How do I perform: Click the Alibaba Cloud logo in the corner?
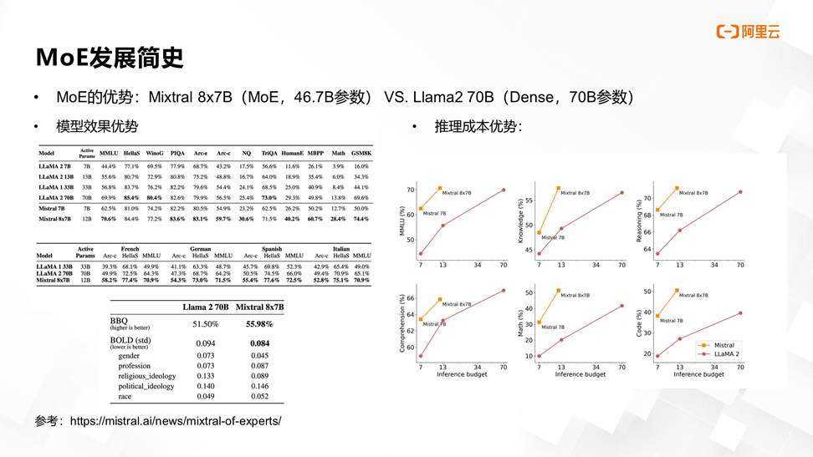coord(748,31)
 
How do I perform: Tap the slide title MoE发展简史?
coord(109,58)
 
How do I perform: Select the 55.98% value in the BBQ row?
coord(259,324)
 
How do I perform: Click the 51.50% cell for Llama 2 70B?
coord(205,324)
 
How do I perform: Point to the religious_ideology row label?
coord(147,376)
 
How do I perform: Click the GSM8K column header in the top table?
coord(361,154)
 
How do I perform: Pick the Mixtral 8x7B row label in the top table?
coord(54,219)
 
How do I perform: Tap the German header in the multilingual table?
coord(201,249)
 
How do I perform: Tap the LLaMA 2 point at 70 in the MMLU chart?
coord(504,190)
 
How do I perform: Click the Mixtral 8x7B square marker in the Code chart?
coord(677,291)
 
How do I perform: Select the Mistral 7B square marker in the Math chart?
coord(539,322)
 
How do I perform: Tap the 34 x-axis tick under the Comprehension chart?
coord(478,367)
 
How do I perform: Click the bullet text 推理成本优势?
coord(478,127)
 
